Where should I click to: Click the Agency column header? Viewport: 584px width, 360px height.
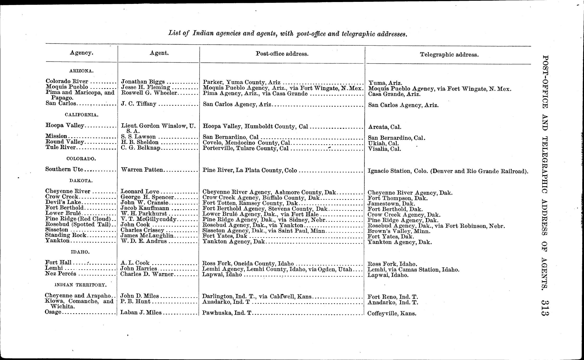point(81,53)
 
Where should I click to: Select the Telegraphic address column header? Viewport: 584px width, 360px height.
point(449,55)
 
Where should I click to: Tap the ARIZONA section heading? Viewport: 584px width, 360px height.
point(81,71)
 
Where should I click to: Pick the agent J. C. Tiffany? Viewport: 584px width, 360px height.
point(139,104)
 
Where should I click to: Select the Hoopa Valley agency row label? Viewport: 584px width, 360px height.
point(65,125)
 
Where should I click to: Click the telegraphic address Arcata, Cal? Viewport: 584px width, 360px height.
point(384,127)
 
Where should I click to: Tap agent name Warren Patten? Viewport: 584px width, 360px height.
point(142,170)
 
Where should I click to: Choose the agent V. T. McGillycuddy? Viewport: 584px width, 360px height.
point(149,219)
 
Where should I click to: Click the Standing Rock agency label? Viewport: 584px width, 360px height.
point(65,235)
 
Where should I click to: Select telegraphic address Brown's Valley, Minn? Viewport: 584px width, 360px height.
point(399,231)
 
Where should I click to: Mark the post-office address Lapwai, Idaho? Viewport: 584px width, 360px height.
point(222,275)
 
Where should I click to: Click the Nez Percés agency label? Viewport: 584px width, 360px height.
point(61,274)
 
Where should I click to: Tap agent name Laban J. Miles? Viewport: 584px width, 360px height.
point(141,312)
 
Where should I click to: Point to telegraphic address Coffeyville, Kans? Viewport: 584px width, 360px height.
point(392,313)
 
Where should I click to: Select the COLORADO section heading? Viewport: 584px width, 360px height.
point(81,159)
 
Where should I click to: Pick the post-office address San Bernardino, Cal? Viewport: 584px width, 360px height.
point(231,137)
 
